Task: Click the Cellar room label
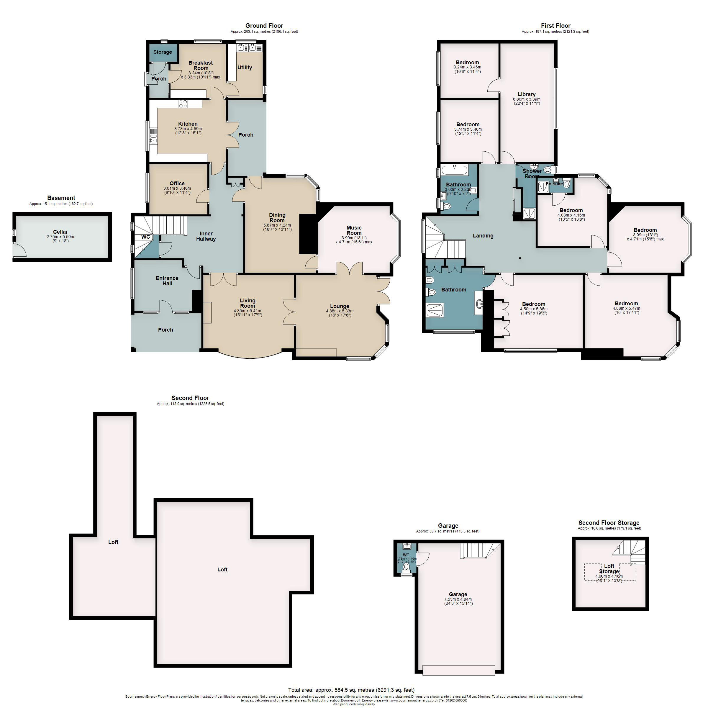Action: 60,232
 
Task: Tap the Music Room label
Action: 354,230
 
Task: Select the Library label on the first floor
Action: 527,94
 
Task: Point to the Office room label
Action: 177,183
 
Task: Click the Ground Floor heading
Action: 264,26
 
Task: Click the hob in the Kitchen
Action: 183,104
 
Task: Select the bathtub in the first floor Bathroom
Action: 454,170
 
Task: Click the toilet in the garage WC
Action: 406,567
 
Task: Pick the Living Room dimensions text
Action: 248,313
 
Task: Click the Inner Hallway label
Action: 206,236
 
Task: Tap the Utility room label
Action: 245,68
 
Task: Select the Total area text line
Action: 351,690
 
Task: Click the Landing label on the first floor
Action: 483,236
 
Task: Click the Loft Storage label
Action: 609,568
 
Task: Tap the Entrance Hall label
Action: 167,281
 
